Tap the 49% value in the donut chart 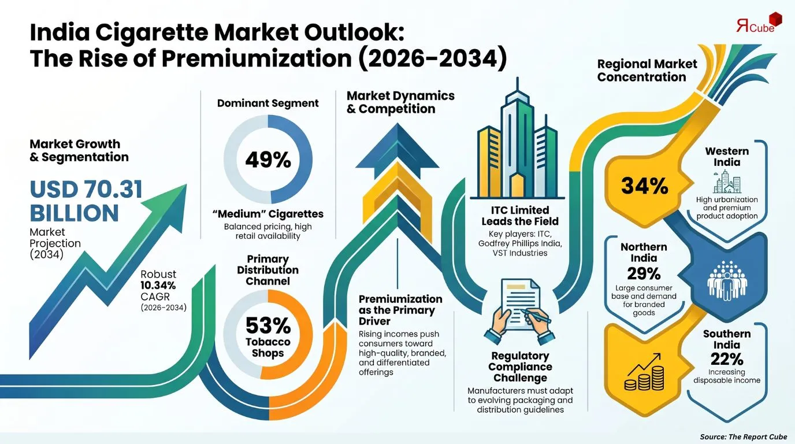click(268, 160)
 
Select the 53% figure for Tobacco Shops click(268, 325)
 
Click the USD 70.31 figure click(86, 189)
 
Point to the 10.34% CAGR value click(158, 285)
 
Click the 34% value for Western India click(645, 186)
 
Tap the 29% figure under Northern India click(644, 273)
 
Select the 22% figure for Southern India click(727, 360)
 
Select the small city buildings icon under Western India click(727, 182)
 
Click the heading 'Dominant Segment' click(268, 103)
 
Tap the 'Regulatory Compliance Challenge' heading click(521, 367)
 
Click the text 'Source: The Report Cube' click(744, 436)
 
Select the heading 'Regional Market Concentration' click(647, 71)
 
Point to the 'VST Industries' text click(520, 253)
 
